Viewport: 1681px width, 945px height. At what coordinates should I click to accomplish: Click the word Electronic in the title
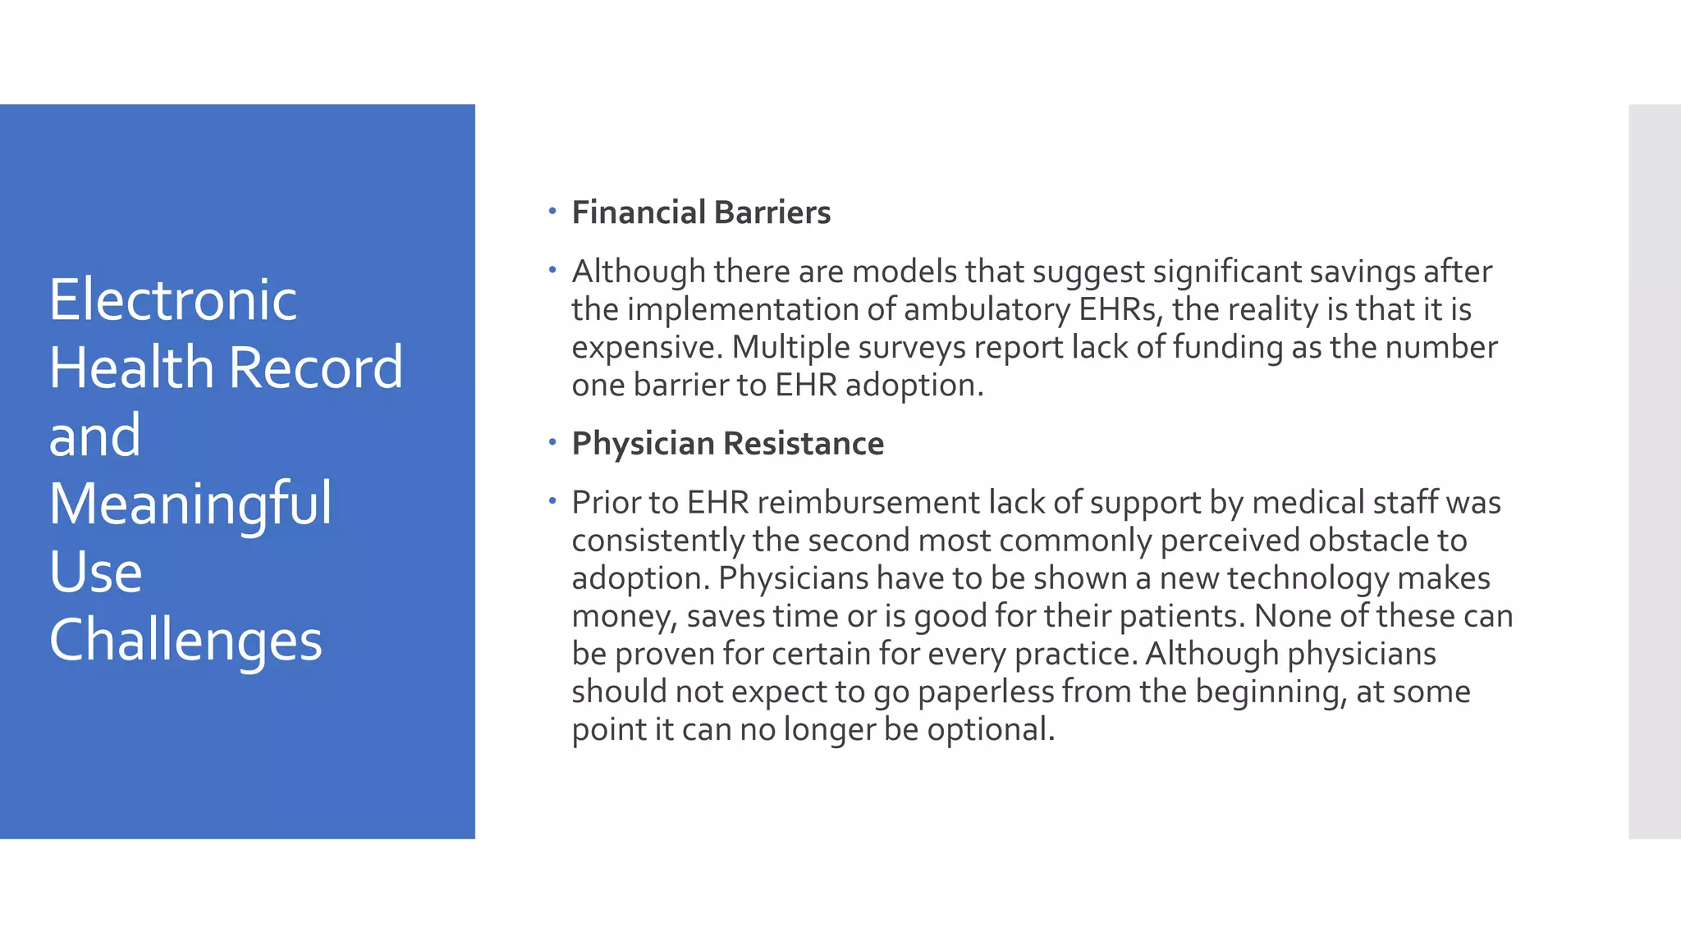tap(172, 300)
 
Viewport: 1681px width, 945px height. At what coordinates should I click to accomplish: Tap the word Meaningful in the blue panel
tap(190, 504)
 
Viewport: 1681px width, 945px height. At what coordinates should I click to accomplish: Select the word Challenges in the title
tap(186, 641)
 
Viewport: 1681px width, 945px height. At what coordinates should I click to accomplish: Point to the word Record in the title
tap(316, 367)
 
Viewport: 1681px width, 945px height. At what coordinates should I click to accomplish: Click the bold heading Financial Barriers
tap(701, 212)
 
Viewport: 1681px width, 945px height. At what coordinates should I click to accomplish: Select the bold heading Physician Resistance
tap(727, 444)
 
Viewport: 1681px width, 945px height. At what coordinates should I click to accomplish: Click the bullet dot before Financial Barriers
tap(552, 211)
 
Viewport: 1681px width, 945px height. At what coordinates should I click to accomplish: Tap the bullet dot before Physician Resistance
tap(552, 442)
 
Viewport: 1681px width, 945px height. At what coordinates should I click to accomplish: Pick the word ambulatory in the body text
tap(987, 310)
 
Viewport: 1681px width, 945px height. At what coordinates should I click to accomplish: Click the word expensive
tap(647, 348)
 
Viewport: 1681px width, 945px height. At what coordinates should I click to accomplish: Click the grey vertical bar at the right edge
tap(1654, 471)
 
